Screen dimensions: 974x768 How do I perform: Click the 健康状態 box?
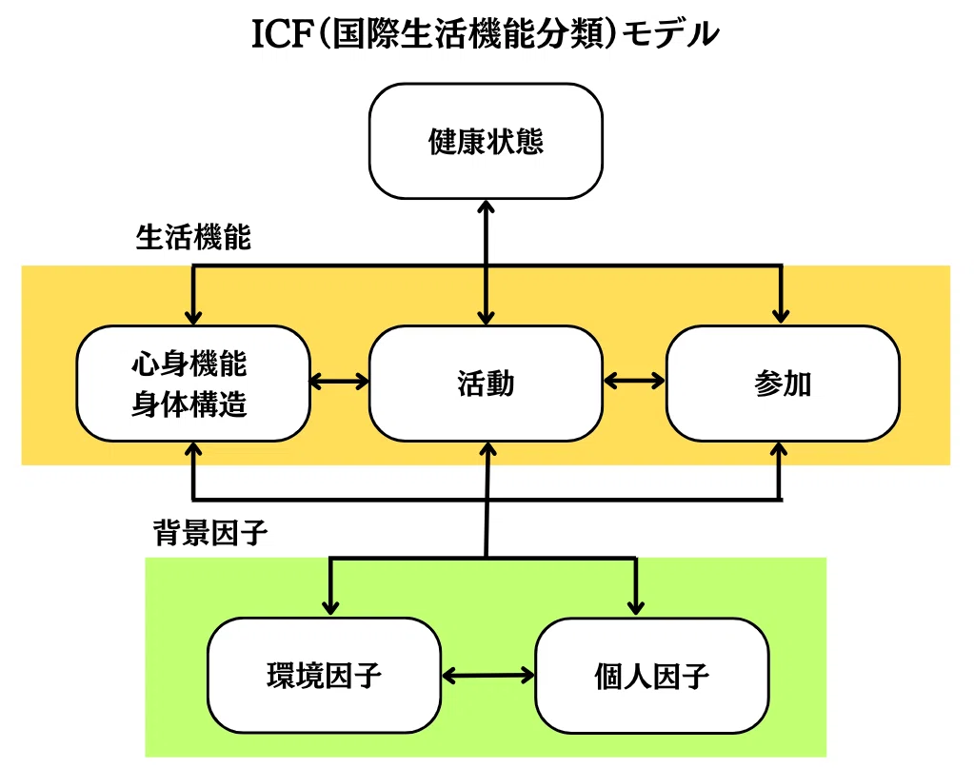point(486,141)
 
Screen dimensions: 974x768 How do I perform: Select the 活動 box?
point(486,384)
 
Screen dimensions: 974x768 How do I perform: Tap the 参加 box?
point(783,384)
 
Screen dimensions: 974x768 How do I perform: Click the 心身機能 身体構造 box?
point(193,384)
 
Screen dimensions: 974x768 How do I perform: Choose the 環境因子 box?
point(325,676)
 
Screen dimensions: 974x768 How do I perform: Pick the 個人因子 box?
point(652,676)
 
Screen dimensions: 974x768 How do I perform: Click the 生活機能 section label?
point(193,237)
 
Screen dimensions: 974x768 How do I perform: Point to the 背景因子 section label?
point(210,533)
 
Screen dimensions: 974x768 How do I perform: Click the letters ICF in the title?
point(281,34)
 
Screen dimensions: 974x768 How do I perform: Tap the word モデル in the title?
point(670,34)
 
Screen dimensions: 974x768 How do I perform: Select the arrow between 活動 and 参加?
point(634,381)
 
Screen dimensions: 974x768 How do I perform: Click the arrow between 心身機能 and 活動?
point(340,382)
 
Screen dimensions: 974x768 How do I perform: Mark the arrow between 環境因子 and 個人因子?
point(488,676)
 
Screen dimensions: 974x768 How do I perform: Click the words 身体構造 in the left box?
point(189,404)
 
